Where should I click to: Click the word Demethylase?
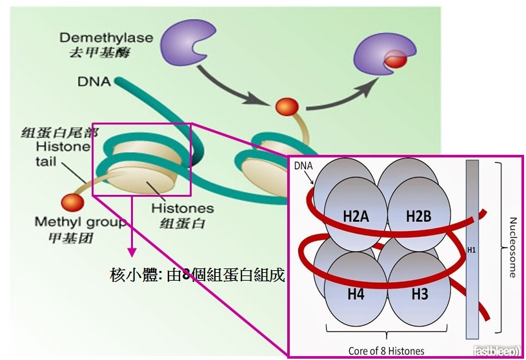[x=106, y=37]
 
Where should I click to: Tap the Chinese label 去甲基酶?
[x=99, y=53]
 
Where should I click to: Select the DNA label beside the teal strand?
[x=94, y=81]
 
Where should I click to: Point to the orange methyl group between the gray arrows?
[x=287, y=106]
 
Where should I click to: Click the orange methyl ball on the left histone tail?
[x=72, y=203]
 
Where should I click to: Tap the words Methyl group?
[x=81, y=222]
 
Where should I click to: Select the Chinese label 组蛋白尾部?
[x=59, y=133]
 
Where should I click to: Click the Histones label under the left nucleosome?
[x=183, y=208]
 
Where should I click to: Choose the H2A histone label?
[x=356, y=216]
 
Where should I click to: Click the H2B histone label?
[x=419, y=216]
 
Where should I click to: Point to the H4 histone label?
[x=356, y=294]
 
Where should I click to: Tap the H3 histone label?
[x=420, y=294]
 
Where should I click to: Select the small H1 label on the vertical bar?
[x=472, y=250]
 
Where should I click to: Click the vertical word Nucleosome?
[x=512, y=248]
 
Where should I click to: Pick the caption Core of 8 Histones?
[x=386, y=350]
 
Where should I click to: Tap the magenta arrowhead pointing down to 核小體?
[x=132, y=252]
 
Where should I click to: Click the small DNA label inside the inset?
[x=303, y=166]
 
